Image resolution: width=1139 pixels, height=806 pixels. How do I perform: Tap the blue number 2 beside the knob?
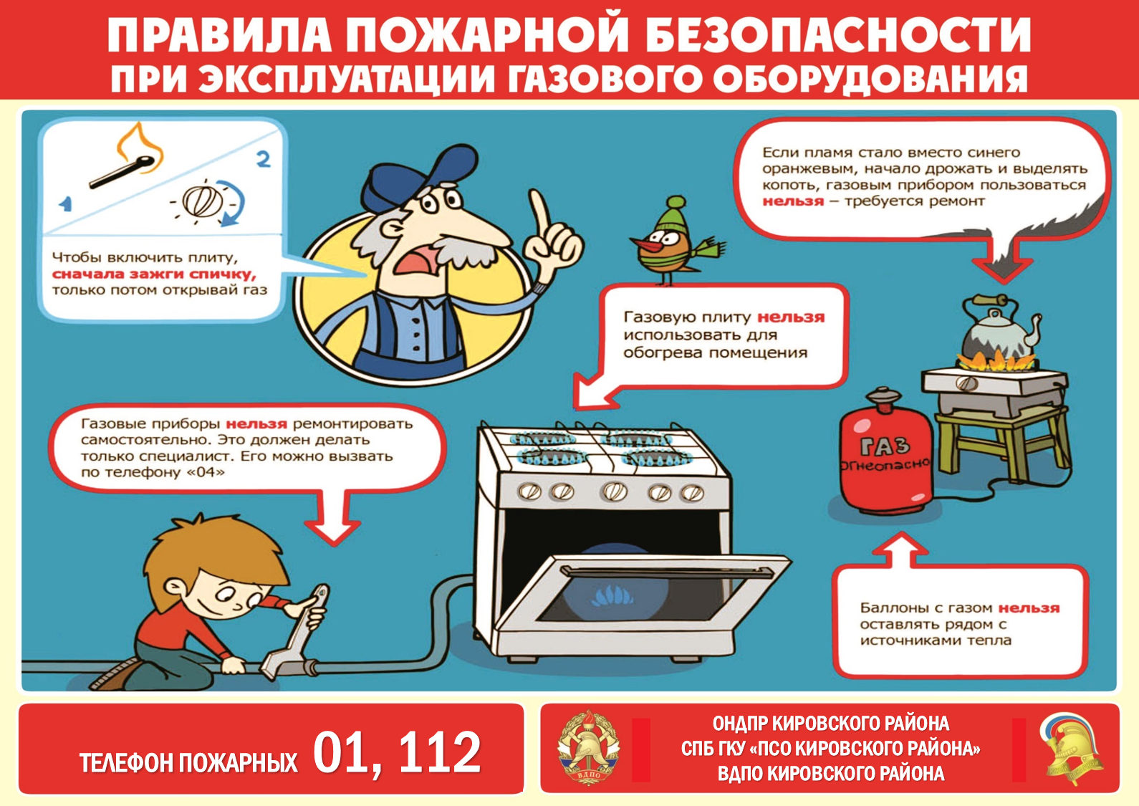click(x=263, y=159)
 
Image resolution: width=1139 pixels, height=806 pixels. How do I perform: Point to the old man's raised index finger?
click(x=541, y=214)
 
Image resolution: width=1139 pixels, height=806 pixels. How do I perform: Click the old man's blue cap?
click(x=417, y=176)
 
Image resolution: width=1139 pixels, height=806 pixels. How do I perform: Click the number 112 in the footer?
click(x=440, y=752)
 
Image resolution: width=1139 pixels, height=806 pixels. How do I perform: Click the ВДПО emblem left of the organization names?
click(x=588, y=747)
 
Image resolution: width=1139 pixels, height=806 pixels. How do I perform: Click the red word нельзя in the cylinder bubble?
click(x=1029, y=608)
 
